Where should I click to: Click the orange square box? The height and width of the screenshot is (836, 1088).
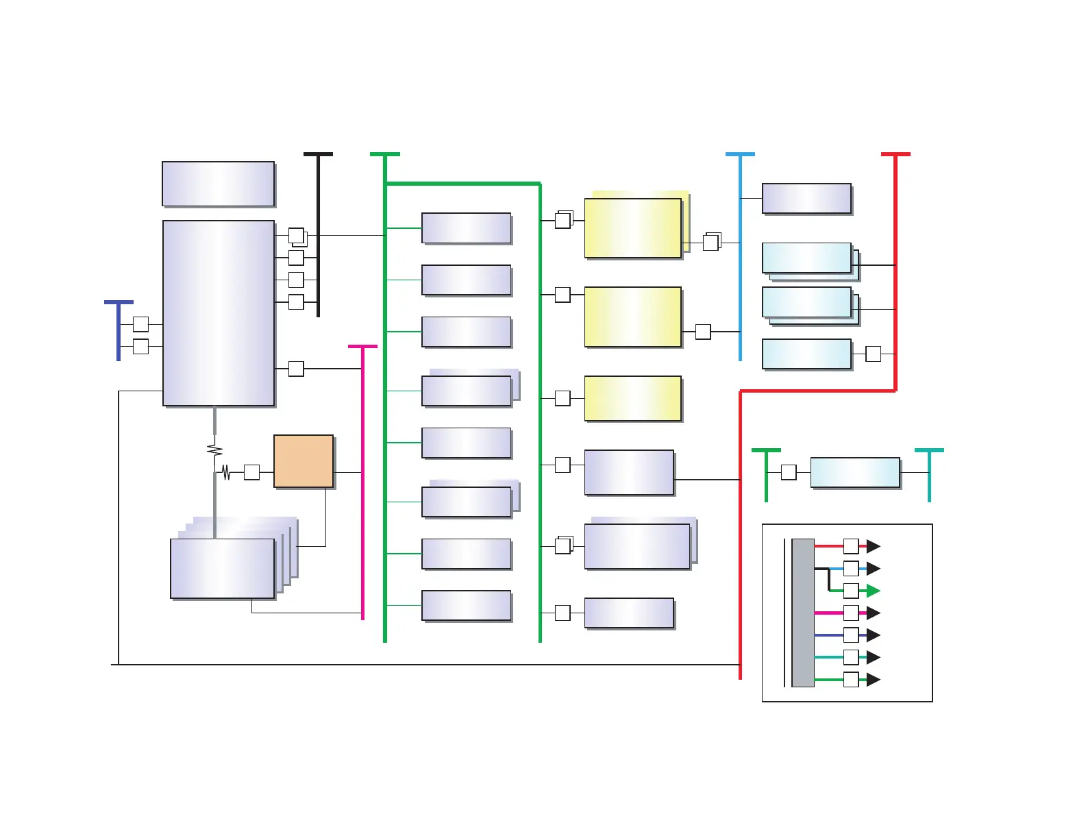pyautogui.click(x=304, y=461)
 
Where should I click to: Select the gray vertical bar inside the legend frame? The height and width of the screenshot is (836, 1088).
pyautogui.click(x=803, y=613)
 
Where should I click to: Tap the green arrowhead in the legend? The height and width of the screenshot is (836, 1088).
pyautogui.click(x=873, y=591)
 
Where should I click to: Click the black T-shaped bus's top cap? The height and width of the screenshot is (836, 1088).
pyautogui.click(x=319, y=155)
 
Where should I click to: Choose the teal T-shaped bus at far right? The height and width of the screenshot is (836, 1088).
pyautogui.click(x=929, y=473)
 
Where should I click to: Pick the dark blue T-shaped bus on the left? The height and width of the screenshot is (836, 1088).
pyautogui.click(x=119, y=329)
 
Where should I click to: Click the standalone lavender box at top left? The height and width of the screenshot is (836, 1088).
pyautogui.click(x=219, y=184)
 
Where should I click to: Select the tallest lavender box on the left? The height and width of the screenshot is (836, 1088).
pyautogui.click(x=219, y=313)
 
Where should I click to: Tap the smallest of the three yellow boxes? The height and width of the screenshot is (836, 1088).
pyautogui.click(x=632, y=398)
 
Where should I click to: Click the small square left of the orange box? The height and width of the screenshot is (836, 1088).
pyautogui.click(x=251, y=472)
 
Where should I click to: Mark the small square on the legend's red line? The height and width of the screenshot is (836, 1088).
pyautogui.click(x=851, y=546)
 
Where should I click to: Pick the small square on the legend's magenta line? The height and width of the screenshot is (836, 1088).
pyautogui.click(x=851, y=613)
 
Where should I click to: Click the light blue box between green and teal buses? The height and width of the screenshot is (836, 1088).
pyautogui.click(x=855, y=473)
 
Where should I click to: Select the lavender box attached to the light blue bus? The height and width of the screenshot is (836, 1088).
pyautogui.click(x=806, y=199)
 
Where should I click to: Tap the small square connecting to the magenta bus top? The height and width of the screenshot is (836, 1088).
pyautogui.click(x=296, y=369)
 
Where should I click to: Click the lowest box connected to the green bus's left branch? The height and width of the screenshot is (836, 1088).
pyautogui.click(x=467, y=606)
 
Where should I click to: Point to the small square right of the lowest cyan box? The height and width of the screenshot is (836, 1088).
pyautogui.click(x=873, y=354)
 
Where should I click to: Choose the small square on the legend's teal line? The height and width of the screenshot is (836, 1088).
pyautogui.click(x=851, y=657)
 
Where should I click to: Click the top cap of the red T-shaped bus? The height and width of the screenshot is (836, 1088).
pyautogui.click(x=895, y=155)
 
